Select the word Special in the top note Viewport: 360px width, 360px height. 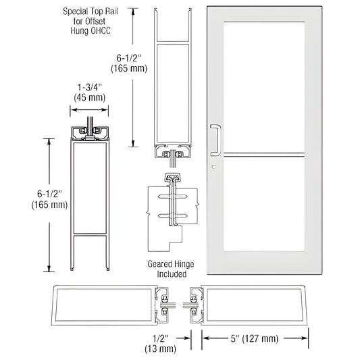(x=78, y=11)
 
